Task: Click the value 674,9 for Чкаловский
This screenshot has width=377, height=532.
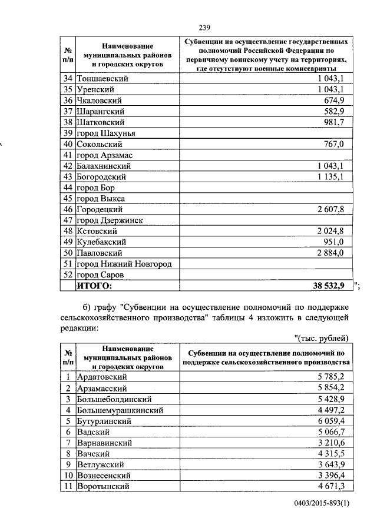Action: pyautogui.click(x=333, y=101)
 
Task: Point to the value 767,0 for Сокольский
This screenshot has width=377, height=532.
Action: pyautogui.click(x=333, y=144)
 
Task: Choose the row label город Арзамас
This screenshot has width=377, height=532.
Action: pyautogui.click(x=104, y=155)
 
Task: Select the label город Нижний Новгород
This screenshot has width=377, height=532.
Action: pyautogui.click(x=124, y=264)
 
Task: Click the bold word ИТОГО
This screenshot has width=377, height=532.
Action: pyautogui.click(x=94, y=286)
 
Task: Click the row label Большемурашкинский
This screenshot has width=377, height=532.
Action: pyautogui.click(x=120, y=410)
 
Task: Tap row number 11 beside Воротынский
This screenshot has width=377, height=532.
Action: pyautogui.click(x=68, y=486)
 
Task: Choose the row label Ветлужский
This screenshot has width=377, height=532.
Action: pyautogui.click(x=100, y=464)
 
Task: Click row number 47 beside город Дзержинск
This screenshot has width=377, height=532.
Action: pyautogui.click(x=68, y=220)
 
